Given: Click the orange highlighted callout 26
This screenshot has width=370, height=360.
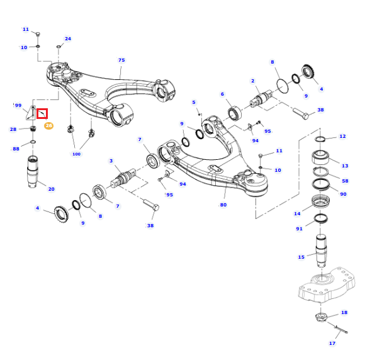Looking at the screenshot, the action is tap(48, 125).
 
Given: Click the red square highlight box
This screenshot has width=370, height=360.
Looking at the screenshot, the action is tap(42, 113).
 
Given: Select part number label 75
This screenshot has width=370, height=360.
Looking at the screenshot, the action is tap(121, 60).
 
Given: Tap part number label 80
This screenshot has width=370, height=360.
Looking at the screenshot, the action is tap(223, 205).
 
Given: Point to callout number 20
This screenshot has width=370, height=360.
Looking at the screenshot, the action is tap(51, 189).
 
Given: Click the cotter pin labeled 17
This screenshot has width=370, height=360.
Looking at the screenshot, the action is tap(341, 329).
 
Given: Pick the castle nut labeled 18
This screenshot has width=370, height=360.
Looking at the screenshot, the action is tap(320, 317).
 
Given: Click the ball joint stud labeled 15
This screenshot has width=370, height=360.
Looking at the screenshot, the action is tap(321, 250).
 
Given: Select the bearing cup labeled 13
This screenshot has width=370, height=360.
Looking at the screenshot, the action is tap(320, 157).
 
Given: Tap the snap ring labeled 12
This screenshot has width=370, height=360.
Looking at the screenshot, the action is tap(320, 139).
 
